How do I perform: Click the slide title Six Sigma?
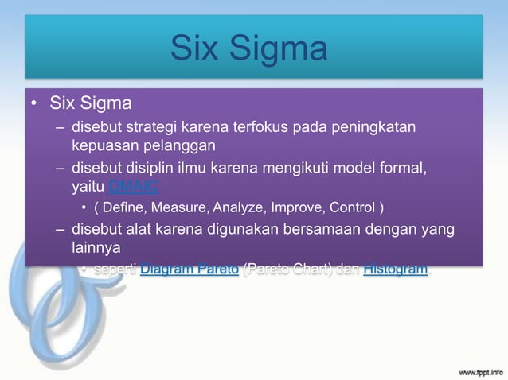tap(248, 49)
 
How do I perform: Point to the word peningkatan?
tap(378, 127)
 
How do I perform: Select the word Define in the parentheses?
tap(123, 209)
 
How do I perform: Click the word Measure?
tap(182, 209)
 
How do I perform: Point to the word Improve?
tap(303, 209)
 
